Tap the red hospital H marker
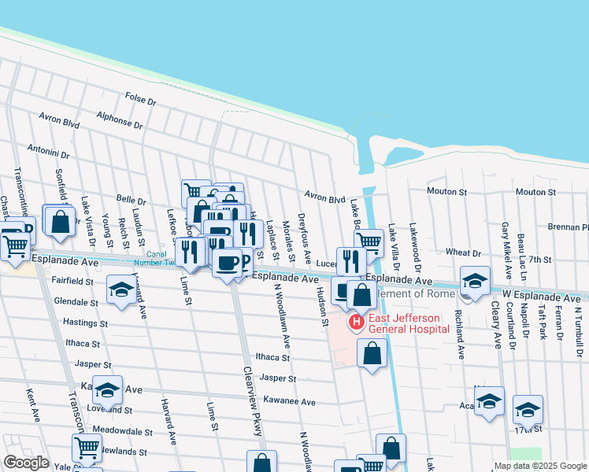click(356, 322)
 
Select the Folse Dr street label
click(141, 100)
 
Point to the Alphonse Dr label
click(120, 120)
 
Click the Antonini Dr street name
click(49, 149)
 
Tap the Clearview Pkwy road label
click(251, 391)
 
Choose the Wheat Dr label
click(463, 253)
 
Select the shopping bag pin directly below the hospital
click(372, 353)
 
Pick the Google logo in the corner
click(26, 463)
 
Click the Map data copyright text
click(540, 466)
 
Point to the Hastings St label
click(80, 323)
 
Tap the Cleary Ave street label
click(496, 325)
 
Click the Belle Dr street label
click(131, 201)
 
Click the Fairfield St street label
click(73, 280)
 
